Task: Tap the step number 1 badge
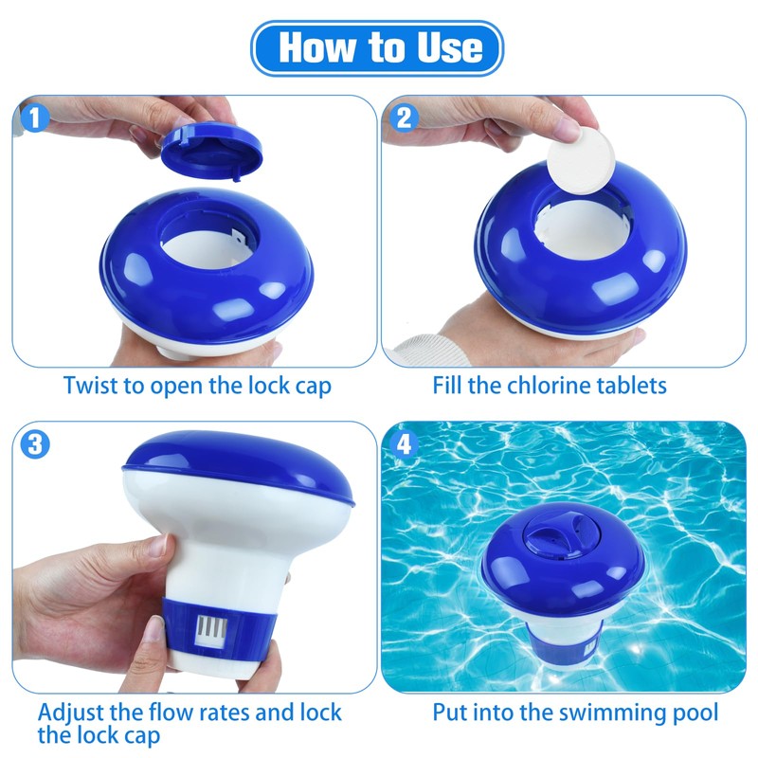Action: tap(34, 118)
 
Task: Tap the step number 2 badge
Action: tap(405, 118)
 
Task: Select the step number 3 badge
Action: tap(34, 444)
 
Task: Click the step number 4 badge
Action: tap(405, 444)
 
